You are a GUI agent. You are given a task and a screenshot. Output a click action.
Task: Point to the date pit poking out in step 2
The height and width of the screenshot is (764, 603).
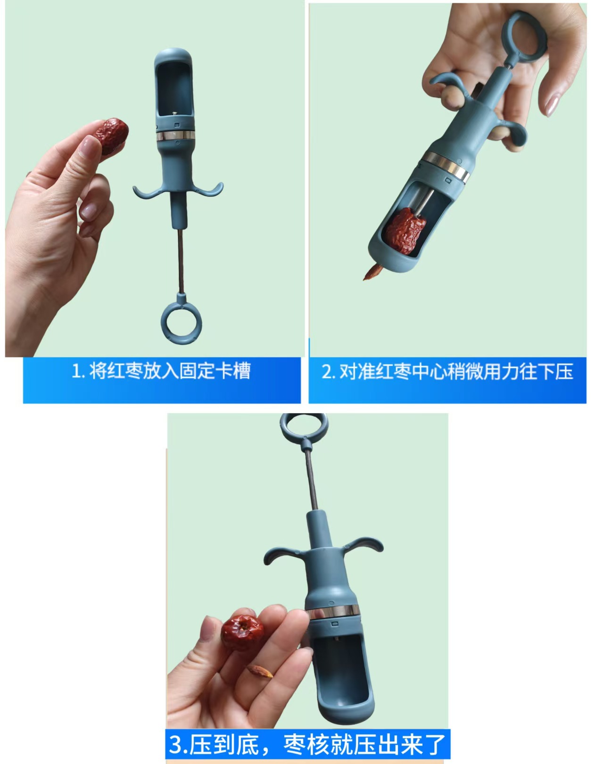point(372,273)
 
